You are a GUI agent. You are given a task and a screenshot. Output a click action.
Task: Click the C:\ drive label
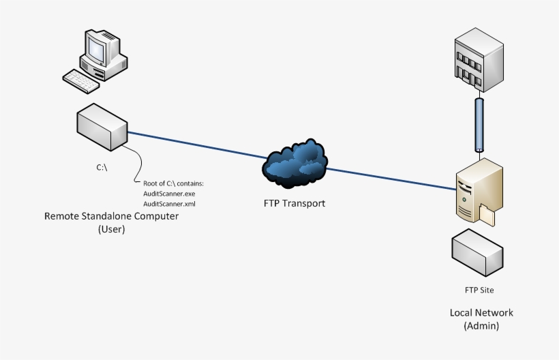pyautogui.click(x=101, y=168)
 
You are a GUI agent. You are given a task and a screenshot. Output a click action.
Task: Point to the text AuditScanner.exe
pyautogui.click(x=169, y=194)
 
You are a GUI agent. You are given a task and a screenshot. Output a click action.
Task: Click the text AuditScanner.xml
pyautogui.click(x=169, y=204)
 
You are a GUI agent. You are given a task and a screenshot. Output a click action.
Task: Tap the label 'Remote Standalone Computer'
pyautogui.click(x=111, y=217)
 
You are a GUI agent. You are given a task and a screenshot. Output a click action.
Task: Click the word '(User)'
pyautogui.click(x=111, y=229)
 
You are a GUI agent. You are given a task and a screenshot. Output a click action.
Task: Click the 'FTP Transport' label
pyautogui.click(x=294, y=203)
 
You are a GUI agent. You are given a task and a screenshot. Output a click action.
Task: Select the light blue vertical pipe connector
pyautogui.click(x=479, y=124)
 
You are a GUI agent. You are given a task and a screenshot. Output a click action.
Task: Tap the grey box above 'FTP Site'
pyautogui.click(x=479, y=252)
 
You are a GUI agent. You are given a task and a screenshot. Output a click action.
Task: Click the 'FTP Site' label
pyautogui.click(x=479, y=290)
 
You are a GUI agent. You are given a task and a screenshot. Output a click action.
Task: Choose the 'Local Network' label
pyautogui.click(x=481, y=313)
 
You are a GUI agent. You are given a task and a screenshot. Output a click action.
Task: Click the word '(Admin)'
pyautogui.click(x=481, y=326)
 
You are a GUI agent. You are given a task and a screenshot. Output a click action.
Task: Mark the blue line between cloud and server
pyautogui.click(x=392, y=178)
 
